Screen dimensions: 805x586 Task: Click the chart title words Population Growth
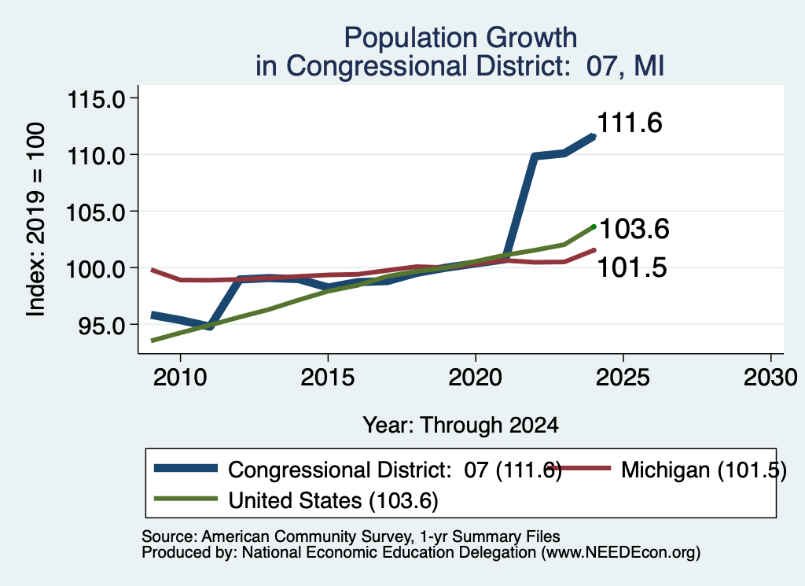(461, 39)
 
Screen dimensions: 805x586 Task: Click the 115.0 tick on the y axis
(97, 98)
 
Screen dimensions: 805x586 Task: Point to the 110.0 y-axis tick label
(97, 155)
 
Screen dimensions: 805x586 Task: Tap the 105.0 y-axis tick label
(97, 212)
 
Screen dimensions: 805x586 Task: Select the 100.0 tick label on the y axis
(97, 268)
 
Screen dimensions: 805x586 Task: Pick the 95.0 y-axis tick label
(101, 325)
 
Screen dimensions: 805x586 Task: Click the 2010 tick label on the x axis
(180, 378)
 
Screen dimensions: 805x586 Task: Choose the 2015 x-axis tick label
(328, 378)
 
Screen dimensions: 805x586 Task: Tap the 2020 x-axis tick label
(476, 378)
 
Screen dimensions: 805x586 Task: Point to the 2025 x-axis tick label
(623, 378)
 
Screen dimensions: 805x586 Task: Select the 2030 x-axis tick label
(770, 378)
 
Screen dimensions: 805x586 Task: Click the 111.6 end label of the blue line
(630, 123)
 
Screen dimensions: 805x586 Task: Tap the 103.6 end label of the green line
(634, 229)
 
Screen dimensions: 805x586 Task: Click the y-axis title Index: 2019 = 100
(36, 219)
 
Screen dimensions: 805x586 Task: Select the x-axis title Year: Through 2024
(461, 426)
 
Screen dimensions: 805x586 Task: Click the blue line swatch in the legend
(186, 468)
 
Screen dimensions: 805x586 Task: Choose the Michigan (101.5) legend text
(704, 470)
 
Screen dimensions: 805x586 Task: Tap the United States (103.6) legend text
(333, 500)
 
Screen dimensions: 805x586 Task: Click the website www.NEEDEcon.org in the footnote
(620, 553)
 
